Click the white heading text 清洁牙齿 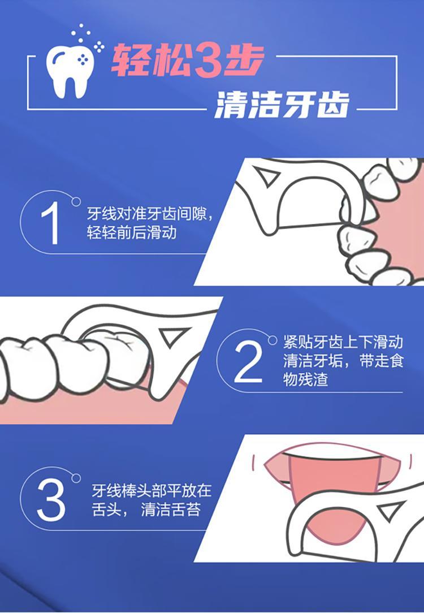[x=282, y=105]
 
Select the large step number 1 [x=51, y=223]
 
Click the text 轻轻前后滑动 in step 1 [x=132, y=232]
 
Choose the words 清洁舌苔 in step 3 [x=171, y=510]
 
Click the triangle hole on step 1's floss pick [x=267, y=175]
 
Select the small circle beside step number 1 [x=76, y=202]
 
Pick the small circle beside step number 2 [x=272, y=340]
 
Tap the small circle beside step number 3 [x=76, y=478]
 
